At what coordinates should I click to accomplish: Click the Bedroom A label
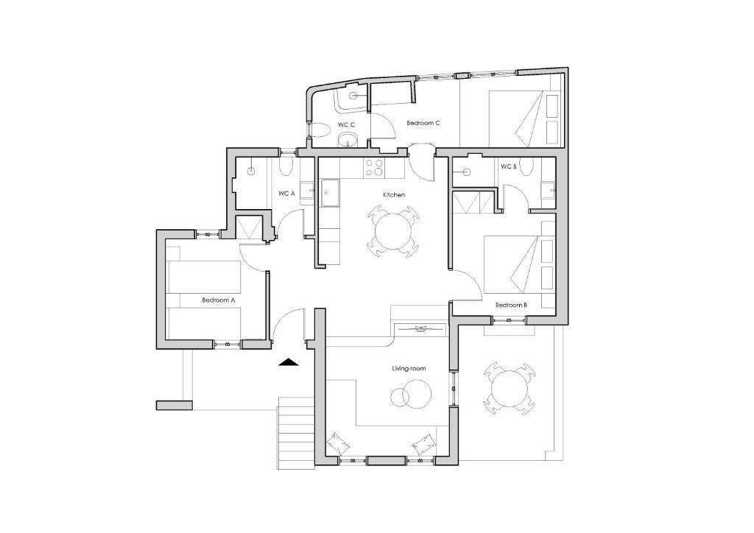(218, 300)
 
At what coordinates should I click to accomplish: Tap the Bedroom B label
(512, 306)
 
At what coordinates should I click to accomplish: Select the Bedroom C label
(423, 123)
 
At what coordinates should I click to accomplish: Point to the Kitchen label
(394, 194)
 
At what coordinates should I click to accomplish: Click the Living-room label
(409, 369)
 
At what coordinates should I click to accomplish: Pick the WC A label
(286, 194)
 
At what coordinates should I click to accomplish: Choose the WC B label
(509, 167)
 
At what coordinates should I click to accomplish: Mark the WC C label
(346, 125)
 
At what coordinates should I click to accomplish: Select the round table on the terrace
(509, 388)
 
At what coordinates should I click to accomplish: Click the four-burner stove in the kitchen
(375, 168)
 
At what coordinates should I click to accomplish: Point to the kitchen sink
(330, 193)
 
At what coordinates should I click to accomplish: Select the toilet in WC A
(286, 168)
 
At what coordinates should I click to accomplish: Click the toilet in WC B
(528, 167)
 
